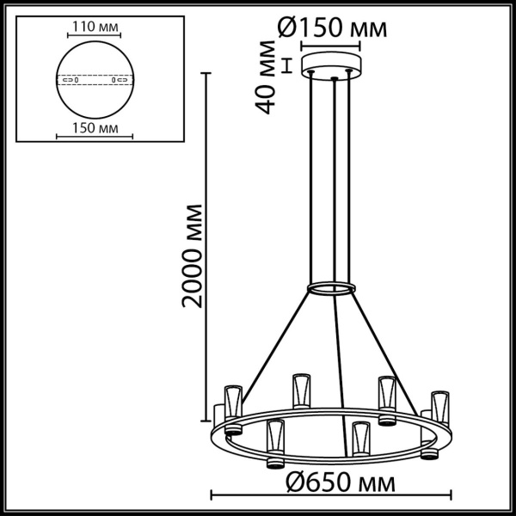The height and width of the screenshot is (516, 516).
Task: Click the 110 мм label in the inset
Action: tap(94, 27)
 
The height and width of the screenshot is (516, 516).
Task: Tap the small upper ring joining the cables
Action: tap(331, 287)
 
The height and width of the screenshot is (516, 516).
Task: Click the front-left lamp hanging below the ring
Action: tap(275, 443)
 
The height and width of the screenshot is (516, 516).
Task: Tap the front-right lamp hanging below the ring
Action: tap(360, 439)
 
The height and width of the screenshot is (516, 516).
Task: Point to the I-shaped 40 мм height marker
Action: tap(289, 65)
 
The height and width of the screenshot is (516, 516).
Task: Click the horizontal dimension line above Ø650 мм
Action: tap(332, 494)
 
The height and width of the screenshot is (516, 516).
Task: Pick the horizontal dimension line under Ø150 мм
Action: tap(331, 47)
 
